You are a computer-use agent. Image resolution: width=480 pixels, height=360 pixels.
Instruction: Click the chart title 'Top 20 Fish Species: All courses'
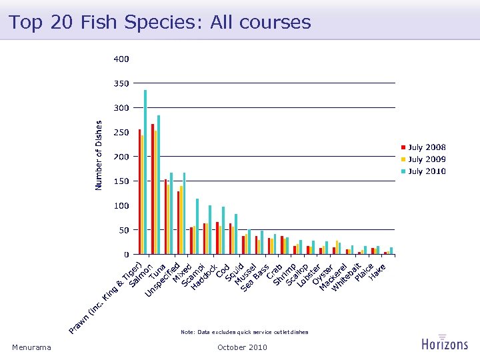tap(160, 23)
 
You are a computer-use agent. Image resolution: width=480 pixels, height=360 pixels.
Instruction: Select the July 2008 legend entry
tap(423, 147)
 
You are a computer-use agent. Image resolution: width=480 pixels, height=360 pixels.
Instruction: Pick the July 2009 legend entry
tap(423, 159)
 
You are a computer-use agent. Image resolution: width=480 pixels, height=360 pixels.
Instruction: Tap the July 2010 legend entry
tap(423, 171)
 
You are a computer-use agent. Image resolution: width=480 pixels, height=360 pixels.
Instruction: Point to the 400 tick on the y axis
tap(121, 59)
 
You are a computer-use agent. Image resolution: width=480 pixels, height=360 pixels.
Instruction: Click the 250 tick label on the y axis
tap(121, 132)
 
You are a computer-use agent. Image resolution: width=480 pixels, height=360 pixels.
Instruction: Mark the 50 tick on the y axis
tap(123, 230)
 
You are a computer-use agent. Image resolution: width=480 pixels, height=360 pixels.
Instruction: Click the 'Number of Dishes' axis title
tap(99, 155)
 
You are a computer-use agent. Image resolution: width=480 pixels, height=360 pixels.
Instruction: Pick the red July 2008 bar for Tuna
tap(165, 217)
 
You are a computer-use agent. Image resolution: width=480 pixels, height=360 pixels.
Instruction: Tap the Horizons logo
tap(444, 342)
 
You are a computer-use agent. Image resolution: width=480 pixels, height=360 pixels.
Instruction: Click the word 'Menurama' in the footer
tap(31, 347)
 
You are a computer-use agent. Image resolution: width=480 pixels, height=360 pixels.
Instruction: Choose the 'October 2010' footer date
tap(242, 347)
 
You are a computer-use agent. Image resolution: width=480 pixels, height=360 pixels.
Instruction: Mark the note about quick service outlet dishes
tap(244, 331)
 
